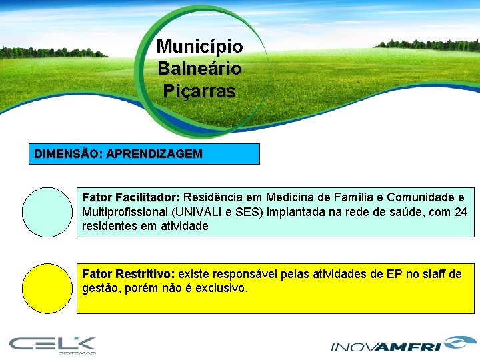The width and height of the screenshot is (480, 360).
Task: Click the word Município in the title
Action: pyautogui.click(x=199, y=47)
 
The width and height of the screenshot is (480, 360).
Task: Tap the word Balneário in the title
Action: pyautogui.click(x=199, y=69)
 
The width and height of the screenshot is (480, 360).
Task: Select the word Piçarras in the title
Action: pyautogui.click(x=199, y=91)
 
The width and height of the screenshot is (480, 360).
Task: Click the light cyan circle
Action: pyautogui.click(x=47, y=211)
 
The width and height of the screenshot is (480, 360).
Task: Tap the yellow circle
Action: pyautogui.click(x=47, y=288)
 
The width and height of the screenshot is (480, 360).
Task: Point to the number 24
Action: pyautogui.click(x=461, y=212)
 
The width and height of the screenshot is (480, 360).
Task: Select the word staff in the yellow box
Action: pyautogui.click(x=433, y=275)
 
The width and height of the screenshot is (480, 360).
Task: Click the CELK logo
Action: pyautogui.click(x=53, y=345)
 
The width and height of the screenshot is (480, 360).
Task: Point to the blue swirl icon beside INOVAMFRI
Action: pyautogui.click(x=457, y=343)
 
